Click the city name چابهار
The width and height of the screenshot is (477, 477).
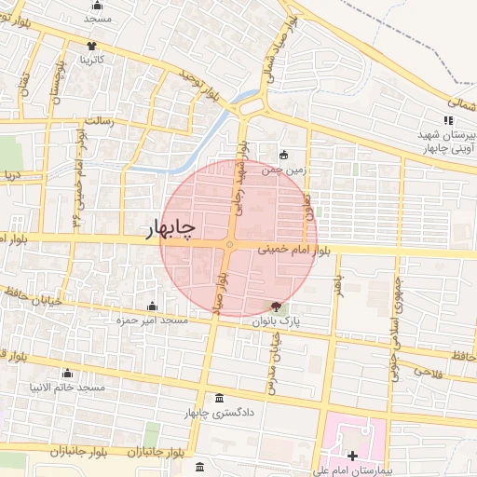(171, 229)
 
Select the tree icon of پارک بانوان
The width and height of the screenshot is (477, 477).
(275, 306)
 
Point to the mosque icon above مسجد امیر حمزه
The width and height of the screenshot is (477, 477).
(152, 306)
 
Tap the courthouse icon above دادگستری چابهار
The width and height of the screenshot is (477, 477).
(219, 397)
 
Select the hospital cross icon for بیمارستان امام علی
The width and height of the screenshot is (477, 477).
(352, 456)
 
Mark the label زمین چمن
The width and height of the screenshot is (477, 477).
(284, 170)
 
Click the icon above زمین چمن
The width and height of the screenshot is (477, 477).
(284, 156)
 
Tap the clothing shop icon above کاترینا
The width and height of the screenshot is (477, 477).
(91, 46)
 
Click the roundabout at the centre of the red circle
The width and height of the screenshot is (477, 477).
(229, 245)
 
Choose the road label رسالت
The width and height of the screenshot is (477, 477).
(99, 121)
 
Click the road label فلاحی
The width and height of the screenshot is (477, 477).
(424, 372)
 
